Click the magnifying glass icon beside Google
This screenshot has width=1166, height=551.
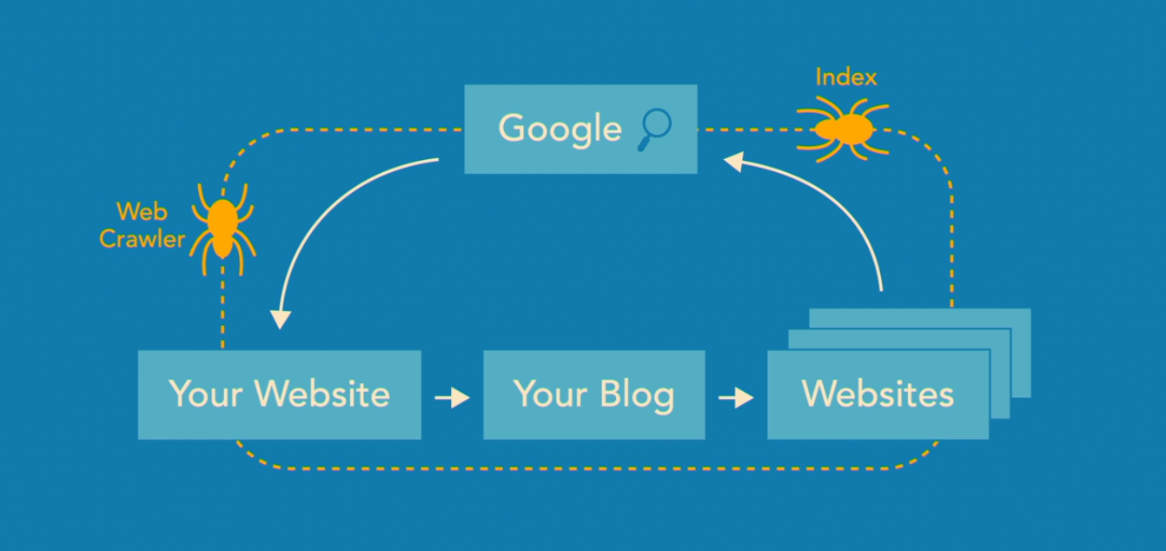(x=655, y=128)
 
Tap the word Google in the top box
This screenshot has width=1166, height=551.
(x=560, y=129)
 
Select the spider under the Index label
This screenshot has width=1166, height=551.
(x=842, y=129)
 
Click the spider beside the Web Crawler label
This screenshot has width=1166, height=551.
(x=223, y=228)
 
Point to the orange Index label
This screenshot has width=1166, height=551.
(x=845, y=77)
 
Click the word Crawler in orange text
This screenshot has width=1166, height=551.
(x=142, y=238)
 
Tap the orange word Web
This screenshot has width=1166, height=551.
(x=142, y=211)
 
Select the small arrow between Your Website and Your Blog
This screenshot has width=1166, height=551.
(x=452, y=398)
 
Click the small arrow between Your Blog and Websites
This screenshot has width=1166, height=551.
(x=736, y=398)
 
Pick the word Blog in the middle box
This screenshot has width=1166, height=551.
(x=636, y=395)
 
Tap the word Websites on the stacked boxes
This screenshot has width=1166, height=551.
(x=878, y=394)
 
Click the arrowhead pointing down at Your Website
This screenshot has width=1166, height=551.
(x=279, y=318)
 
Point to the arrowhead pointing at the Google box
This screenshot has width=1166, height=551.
(x=735, y=162)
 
